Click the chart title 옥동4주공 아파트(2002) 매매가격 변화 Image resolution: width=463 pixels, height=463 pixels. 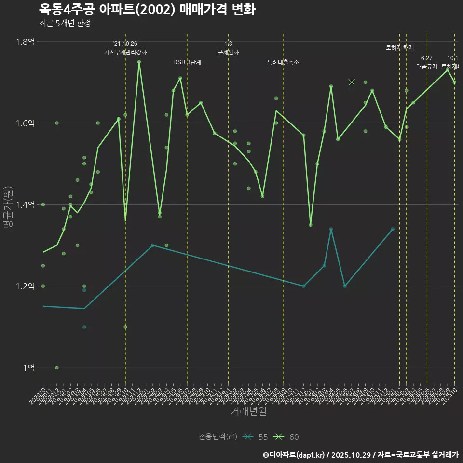click(147, 9)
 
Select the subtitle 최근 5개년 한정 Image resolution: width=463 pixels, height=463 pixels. click(65, 23)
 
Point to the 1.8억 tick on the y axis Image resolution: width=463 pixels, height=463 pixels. click(25, 41)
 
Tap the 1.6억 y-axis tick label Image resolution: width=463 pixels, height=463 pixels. click(25, 123)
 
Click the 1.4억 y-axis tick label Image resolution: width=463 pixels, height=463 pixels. click(25, 204)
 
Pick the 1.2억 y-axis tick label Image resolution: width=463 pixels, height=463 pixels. click(25, 286)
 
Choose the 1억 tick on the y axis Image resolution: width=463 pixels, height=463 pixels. click(28, 368)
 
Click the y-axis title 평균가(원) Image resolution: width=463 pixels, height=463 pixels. click(8, 204)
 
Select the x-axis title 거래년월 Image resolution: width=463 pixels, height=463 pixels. click(248, 411)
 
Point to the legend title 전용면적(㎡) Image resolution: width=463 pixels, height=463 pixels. click(218, 437)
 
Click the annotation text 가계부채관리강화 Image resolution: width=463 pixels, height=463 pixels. click(125, 52)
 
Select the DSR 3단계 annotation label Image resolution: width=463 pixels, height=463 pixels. click(187, 62)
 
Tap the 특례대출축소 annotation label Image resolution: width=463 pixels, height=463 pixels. click(283, 62)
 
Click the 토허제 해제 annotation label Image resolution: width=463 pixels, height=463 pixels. click(400, 48)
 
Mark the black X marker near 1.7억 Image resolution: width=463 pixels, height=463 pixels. click(352, 82)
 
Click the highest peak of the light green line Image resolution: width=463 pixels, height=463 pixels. click(139, 62)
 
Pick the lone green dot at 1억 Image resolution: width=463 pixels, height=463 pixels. click(57, 368)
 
